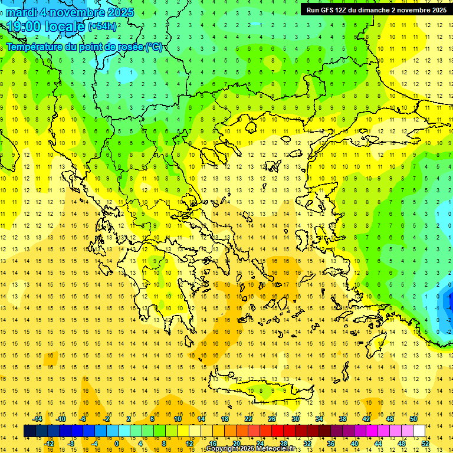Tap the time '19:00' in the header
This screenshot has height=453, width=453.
tap(28, 27)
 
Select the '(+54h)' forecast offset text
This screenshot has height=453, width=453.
tap(102, 26)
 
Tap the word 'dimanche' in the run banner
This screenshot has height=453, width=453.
tap(374, 10)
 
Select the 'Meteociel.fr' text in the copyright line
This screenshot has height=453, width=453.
tap(280, 449)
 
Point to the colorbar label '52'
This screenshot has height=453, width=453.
tap(425, 444)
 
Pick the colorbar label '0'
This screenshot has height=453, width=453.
tap(117, 444)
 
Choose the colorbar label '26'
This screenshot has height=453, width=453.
tap(272, 419)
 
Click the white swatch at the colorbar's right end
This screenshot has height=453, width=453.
tap(419, 431)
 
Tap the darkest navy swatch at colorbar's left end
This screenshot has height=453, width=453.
tap(30, 431)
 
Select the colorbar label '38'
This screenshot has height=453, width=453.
tap(343, 419)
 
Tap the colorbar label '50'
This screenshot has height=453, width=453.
tap(413, 419)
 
